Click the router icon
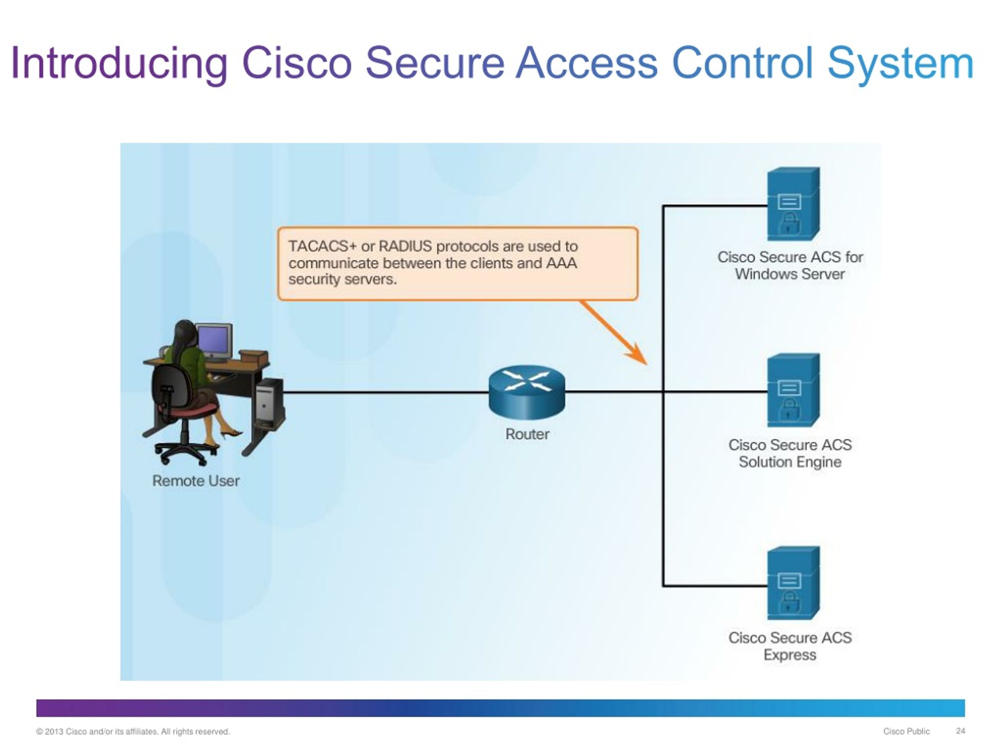click(x=527, y=392)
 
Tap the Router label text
click(x=527, y=434)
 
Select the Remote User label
click(x=196, y=481)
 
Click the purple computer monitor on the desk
click(x=213, y=340)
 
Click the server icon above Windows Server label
click(x=793, y=204)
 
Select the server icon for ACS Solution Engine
click(x=793, y=390)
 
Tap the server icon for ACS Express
click(x=793, y=583)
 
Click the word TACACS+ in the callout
click(x=322, y=246)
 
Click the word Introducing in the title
click(x=118, y=63)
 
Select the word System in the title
click(x=900, y=63)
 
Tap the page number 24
click(x=960, y=731)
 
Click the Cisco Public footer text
click(x=906, y=731)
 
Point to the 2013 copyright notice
click(x=133, y=731)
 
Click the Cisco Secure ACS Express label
click(x=790, y=647)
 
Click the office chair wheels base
click(x=186, y=452)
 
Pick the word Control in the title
click(x=743, y=63)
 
